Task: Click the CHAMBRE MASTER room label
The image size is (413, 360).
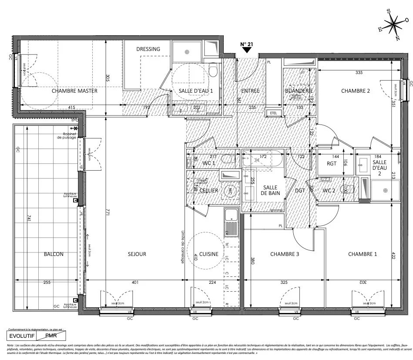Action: [x=74, y=91]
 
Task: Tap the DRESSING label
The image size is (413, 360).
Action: [x=148, y=49]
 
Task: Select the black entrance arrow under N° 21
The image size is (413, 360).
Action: [x=247, y=50]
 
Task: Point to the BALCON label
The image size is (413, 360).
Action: [x=54, y=254]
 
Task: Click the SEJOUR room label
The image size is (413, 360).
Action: [x=137, y=254]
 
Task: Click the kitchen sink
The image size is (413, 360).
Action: [x=231, y=222]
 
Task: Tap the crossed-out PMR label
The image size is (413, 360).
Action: [x=51, y=336]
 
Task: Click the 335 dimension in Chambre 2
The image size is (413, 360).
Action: [x=359, y=72]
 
